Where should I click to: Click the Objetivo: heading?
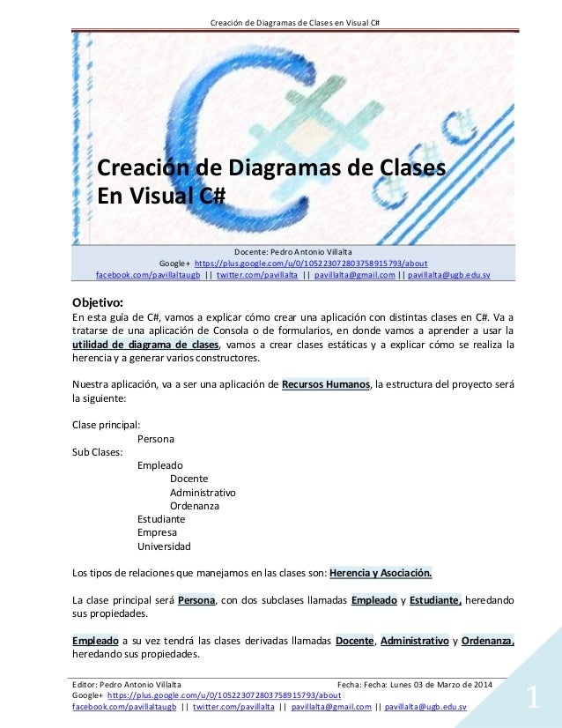(102, 300)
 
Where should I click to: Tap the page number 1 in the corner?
(532, 700)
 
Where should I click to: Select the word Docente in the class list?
(189, 479)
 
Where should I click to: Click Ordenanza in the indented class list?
(195, 506)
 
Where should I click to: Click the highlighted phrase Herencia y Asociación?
(381, 574)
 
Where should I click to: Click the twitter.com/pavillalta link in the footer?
(231, 706)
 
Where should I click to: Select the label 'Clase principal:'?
(105, 424)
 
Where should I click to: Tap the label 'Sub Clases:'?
(97, 451)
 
